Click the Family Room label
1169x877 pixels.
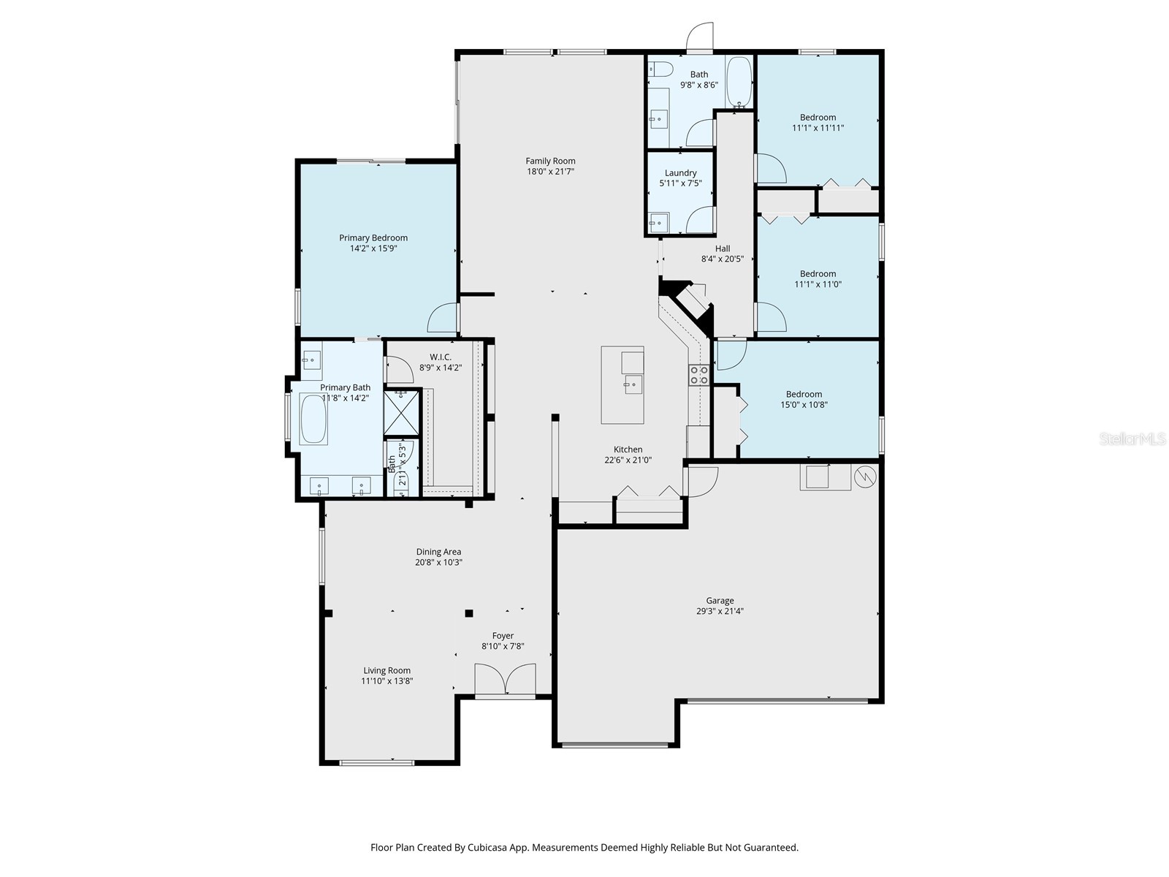coord(550,161)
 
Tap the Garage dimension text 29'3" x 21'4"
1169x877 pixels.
coord(720,612)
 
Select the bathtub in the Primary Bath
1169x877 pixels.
coord(314,419)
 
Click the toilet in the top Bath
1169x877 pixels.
coord(661,69)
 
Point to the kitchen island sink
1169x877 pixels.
coord(632,384)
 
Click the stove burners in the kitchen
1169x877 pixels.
coord(698,375)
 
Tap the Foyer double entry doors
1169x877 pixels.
coord(505,679)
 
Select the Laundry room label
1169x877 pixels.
coord(680,173)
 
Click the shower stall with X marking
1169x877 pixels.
coord(400,413)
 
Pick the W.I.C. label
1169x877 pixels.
coord(441,357)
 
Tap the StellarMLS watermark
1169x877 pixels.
coord(1132,439)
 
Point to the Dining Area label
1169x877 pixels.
coord(438,552)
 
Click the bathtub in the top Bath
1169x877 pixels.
coord(739,82)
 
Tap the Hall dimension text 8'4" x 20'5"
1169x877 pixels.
coord(722,259)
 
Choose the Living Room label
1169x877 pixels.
coord(387,670)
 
